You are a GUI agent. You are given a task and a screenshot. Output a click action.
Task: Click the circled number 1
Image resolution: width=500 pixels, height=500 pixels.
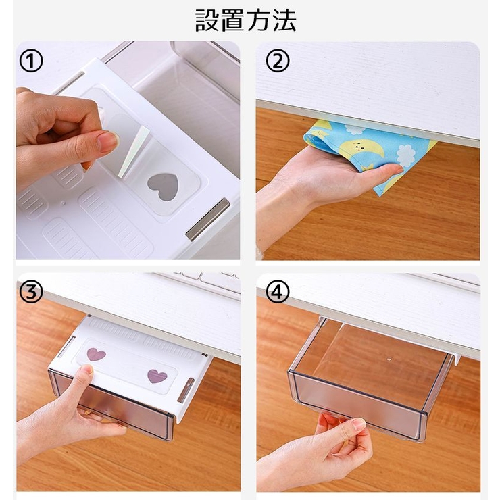pos(31,61)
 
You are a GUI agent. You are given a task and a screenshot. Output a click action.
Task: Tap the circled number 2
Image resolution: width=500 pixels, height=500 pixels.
pos(278,61)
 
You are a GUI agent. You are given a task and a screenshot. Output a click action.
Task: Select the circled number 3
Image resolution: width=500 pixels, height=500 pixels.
pos(31,293)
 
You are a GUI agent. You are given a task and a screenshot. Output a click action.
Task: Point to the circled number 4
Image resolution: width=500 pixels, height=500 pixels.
pos(278,292)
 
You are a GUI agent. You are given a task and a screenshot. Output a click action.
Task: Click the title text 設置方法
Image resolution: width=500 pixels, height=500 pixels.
pos(245,20)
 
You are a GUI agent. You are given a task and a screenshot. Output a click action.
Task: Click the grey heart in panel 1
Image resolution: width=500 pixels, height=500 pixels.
pos(163,186)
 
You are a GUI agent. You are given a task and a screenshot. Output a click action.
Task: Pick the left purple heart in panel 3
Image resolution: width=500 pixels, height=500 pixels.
pos(96,354)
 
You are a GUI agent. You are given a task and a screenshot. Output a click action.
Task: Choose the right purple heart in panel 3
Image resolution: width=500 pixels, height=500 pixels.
pos(157,376)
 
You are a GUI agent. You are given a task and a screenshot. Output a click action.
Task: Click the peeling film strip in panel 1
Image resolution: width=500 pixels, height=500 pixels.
pos(134,151)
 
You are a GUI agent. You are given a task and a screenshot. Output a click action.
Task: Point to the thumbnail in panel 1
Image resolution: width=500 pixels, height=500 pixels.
pos(108,141)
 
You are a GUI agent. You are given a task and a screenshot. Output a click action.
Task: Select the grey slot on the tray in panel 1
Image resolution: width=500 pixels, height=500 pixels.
pos(207,219)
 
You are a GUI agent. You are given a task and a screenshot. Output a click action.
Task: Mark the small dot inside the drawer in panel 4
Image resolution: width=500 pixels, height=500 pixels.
pos(389,359)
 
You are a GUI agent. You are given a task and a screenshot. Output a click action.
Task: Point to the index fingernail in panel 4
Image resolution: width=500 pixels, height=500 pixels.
pos(359,424)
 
